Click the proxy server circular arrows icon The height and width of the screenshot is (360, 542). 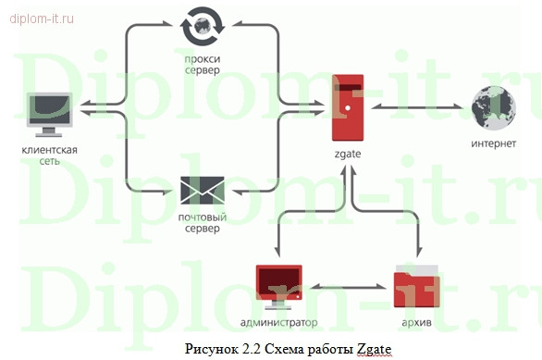click(x=202, y=26)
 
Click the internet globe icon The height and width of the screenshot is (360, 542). click(x=491, y=108)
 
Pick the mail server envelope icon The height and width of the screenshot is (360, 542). click(x=202, y=191)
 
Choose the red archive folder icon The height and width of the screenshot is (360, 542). click(x=412, y=287)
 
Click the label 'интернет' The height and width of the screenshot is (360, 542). click(x=492, y=144)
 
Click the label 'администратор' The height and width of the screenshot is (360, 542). click(x=277, y=323)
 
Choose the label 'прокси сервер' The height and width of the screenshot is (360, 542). click(x=202, y=65)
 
